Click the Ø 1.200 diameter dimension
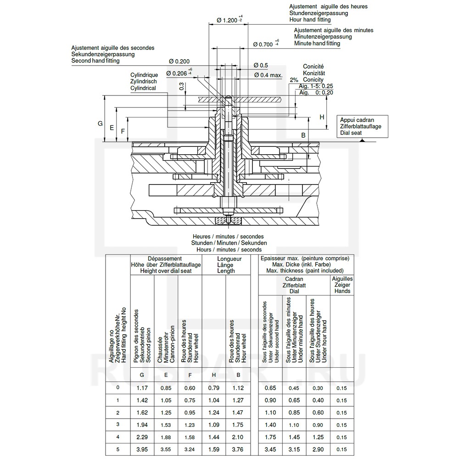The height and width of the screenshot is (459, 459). point(229,20)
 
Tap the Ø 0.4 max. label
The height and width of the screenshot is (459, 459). point(268,75)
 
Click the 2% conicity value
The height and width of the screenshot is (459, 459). point(294,80)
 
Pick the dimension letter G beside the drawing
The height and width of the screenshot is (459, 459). point(100,123)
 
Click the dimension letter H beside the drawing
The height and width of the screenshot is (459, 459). point(322,117)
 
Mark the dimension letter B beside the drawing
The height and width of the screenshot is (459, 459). point(303,135)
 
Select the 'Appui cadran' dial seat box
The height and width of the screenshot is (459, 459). point(363,126)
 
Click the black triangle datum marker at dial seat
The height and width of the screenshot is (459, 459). point(363,140)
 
